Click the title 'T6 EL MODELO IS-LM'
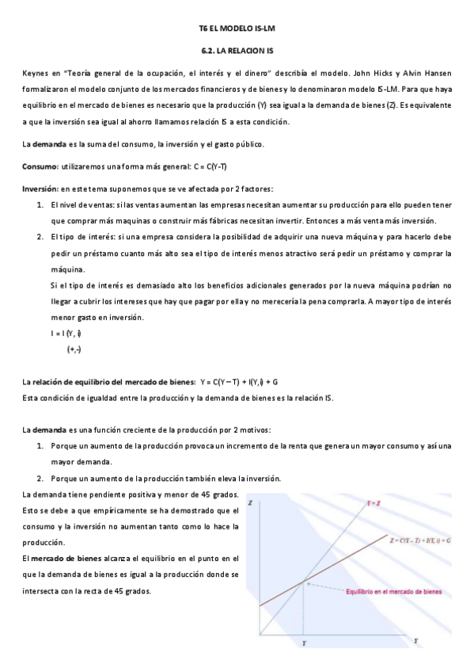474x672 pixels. point(237,29)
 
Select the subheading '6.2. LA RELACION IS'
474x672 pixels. point(237,52)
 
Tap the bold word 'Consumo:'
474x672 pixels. point(40,166)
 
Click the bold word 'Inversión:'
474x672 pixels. point(41,189)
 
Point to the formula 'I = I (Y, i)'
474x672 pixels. point(67,333)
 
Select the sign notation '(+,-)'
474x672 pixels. point(75,349)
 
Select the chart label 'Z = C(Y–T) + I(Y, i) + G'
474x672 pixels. point(419,540)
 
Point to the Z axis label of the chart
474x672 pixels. point(250,503)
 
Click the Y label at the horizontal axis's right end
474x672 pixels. point(438,638)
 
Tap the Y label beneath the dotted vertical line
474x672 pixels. point(304,644)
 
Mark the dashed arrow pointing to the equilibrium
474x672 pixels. point(324,587)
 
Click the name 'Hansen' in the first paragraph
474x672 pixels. point(438,74)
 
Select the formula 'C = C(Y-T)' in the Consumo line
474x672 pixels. point(207,166)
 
